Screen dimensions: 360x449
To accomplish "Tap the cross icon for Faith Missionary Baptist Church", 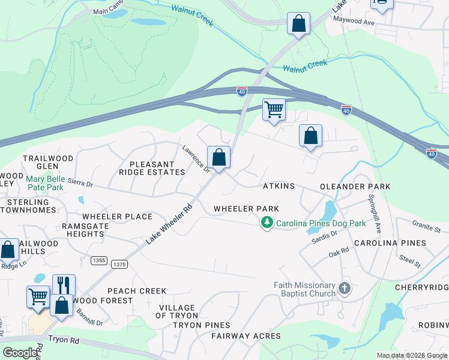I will (x=345, y=289).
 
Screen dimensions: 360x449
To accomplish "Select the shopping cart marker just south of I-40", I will (x=274, y=110).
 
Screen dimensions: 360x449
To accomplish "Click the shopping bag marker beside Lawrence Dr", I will (x=219, y=158).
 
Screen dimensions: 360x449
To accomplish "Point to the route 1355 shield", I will (x=100, y=260).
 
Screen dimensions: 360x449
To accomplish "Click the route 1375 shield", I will (x=119, y=264).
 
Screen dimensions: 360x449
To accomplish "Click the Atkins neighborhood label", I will (x=279, y=187).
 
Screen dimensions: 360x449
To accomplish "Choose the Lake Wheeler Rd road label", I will (x=168, y=224).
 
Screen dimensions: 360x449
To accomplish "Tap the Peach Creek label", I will (x=137, y=291).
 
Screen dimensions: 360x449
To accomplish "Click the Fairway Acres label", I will (x=246, y=336).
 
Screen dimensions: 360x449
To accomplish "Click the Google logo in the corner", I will (x=20, y=353).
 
